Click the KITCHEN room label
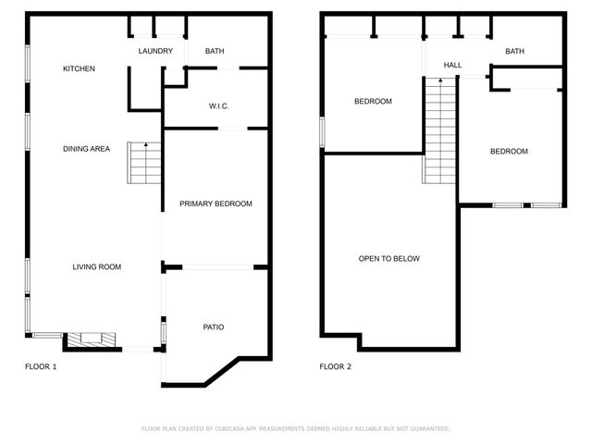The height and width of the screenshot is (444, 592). (79, 69)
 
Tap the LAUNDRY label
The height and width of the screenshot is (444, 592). (155, 52)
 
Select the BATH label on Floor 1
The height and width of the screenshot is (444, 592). (215, 52)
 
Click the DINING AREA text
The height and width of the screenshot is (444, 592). (87, 149)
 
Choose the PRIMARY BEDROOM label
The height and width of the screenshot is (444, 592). (216, 203)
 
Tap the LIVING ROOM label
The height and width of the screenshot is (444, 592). (97, 267)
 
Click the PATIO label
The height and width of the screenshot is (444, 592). (214, 327)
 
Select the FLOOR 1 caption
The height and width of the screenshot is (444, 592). (40, 367)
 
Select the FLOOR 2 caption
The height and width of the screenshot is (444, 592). (336, 367)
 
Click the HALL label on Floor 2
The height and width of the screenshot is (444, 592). (452, 66)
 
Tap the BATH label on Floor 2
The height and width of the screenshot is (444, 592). (514, 52)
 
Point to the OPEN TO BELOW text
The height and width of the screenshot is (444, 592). (388, 259)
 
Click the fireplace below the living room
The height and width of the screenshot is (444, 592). (91, 340)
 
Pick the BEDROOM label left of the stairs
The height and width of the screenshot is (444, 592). (374, 102)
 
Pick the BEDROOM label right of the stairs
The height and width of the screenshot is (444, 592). (509, 152)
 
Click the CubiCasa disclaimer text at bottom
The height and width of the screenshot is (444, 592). (296, 429)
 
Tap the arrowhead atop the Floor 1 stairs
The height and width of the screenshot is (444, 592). (145, 146)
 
